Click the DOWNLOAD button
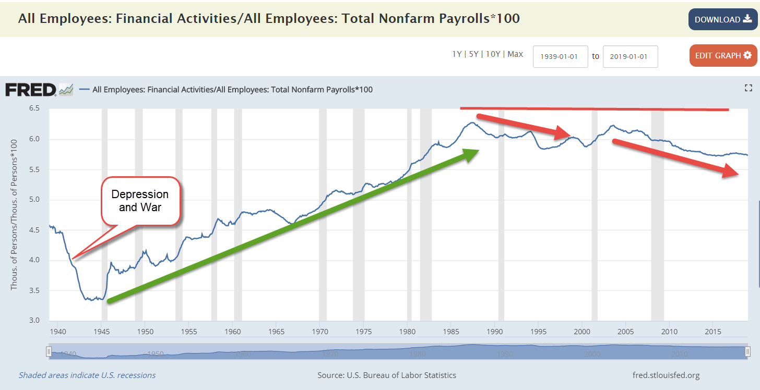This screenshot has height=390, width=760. (722, 19)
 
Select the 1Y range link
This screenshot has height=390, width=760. (457, 54)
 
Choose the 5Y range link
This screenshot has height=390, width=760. (473, 54)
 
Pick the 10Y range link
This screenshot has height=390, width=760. (493, 54)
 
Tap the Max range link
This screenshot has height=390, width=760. (515, 54)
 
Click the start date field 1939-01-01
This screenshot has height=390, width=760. (560, 56)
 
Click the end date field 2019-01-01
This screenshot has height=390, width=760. (630, 56)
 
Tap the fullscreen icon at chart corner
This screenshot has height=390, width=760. (748, 88)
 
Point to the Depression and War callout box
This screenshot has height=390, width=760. (140, 201)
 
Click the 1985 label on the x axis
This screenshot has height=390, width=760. (452, 332)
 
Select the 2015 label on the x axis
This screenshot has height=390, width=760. (713, 332)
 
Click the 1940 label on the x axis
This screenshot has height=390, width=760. (58, 332)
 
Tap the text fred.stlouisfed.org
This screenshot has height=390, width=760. (666, 375)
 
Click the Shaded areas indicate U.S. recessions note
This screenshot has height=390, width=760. (87, 375)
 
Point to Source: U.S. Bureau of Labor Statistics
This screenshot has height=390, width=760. (387, 375)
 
